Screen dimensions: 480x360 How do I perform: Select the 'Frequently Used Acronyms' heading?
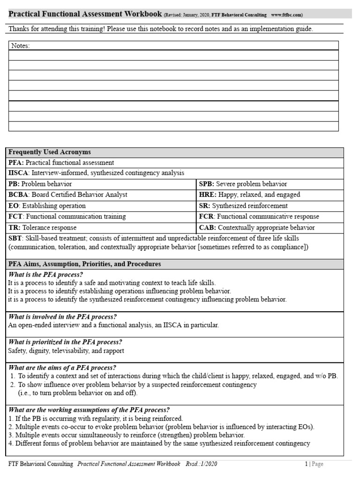click(x=50, y=152)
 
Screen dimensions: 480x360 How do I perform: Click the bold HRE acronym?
click(x=207, y=195)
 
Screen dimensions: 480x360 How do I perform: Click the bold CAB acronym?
click(x=207, y=228)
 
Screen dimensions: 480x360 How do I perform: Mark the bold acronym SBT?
click(x=15, y=239)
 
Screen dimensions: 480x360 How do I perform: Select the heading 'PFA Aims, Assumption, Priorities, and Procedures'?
click(x=84, y=264)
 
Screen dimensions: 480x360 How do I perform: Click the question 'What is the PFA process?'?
click(x=45, y=275)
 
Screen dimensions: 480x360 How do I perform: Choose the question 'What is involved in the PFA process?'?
click(x=62, y=317)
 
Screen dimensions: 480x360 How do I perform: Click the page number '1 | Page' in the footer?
click(x=314, y=464)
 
